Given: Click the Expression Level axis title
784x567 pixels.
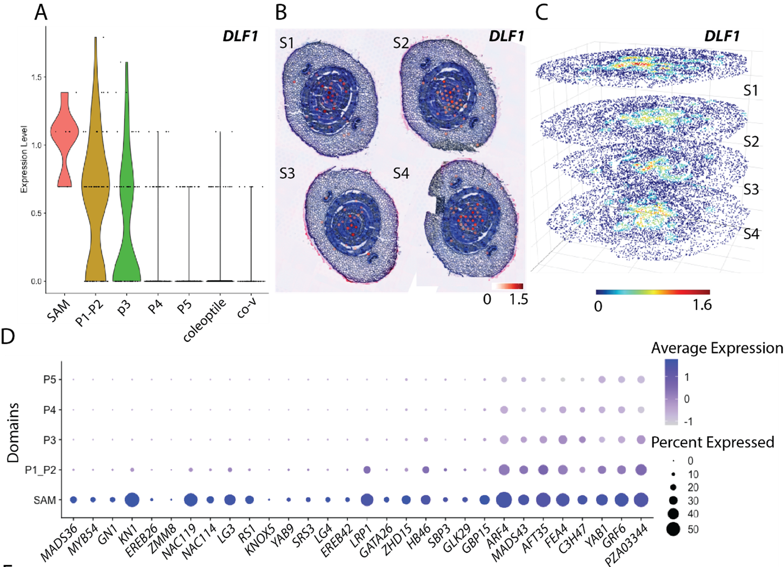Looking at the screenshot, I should click(x=24, y=159).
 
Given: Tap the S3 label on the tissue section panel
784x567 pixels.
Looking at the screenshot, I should click(x=287, y=173).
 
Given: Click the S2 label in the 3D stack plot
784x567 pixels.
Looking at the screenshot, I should click(x=751, y=141).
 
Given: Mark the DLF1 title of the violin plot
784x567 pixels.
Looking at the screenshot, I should click(x=240, y=36).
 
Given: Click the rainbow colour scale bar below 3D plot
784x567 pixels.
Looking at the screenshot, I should click(x=653, y=292).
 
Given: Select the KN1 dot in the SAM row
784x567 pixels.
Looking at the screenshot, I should click(x=132, y=500).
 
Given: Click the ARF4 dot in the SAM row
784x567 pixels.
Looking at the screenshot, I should click(x=504, y=500).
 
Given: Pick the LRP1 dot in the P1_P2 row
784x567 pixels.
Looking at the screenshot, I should click(x=367, y=470).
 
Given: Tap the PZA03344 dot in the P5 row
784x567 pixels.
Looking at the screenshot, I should click(x=641, y=380).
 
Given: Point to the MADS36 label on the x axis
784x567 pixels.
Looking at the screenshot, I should click(x=59, y=542).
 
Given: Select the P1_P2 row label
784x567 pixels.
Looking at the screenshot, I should click(x=40, y=470).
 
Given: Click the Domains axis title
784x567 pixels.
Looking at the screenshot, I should click(x=13, y=433).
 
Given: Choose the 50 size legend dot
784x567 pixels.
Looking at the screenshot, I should click(x=673, y=529).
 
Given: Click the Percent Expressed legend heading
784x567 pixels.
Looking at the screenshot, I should click(x=712, y=442).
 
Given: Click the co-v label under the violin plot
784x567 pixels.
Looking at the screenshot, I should click(x=246, y=308).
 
